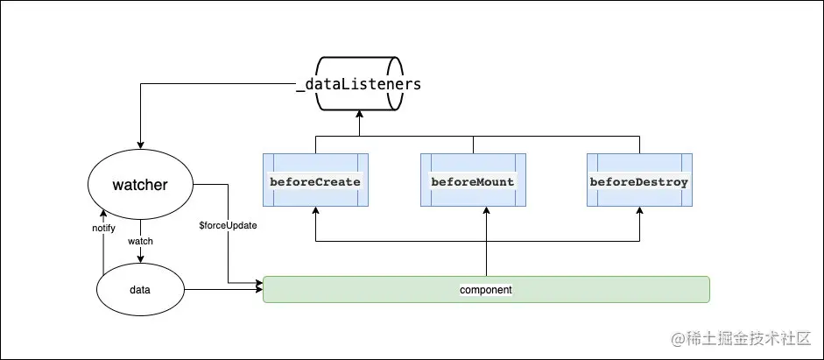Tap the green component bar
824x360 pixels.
pyautogui.click(x=486, y=290)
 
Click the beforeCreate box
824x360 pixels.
pyautogui.click(x=315, y=180)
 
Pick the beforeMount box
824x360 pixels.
pyautogui.click(x=473, y=180)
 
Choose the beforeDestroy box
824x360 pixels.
pyautogui.click(x=639, y=180)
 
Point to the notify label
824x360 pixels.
pyautogui.click(x=103, y=228)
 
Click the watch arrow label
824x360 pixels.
pyautogui.click(x=140, y=241)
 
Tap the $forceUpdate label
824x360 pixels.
pyautogui.click(x=228, y=225)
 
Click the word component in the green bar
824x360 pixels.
pyautogui.click(x=486, y=290)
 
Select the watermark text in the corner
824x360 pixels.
pyautogui.click(x=742, y=339)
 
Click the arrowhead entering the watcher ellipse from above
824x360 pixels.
pyautogui.click(x=140, y=145)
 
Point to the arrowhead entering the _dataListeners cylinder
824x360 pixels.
pyautogui.click(x=359, y=115)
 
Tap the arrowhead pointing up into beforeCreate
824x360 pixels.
pyautogui.click(x=315, y=210)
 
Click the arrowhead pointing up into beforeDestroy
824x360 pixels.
pyautogui.click(x=639, y=210)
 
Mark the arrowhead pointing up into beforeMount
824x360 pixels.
pyautogui.click(x=486, y=210)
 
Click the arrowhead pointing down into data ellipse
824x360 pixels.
pyautogui.click(x=140, y=259)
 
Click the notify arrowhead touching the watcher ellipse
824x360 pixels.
pyautogui.click(x=103, y=213)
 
